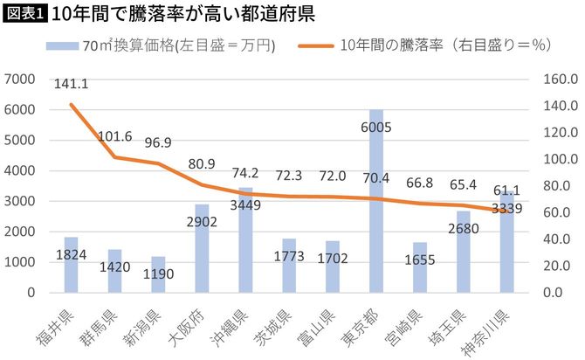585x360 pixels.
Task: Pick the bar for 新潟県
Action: pos(158,274)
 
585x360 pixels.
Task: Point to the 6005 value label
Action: pos(375,127)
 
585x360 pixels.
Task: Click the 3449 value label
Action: pos(245,206)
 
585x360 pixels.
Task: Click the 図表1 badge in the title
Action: pos(24,15)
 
